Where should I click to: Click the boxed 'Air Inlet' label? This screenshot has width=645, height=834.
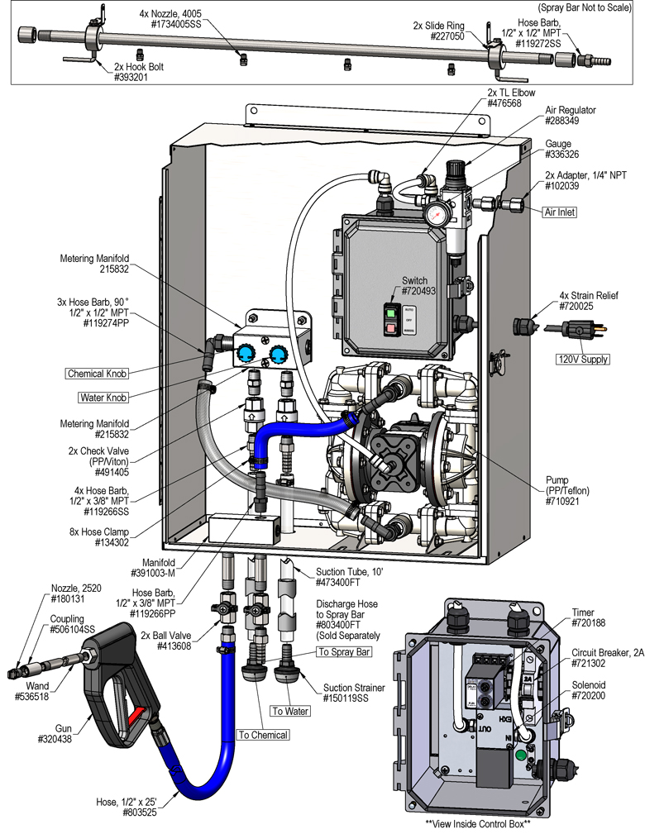pos(560,212)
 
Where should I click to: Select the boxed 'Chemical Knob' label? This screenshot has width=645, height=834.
pos(98,374)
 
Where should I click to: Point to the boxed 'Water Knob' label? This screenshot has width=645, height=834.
pos(103,398)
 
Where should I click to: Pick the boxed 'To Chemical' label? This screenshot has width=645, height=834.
pos(263,735)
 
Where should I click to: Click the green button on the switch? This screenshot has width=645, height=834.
pos(389,312)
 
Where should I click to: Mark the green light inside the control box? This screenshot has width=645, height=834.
pos(520,754)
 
